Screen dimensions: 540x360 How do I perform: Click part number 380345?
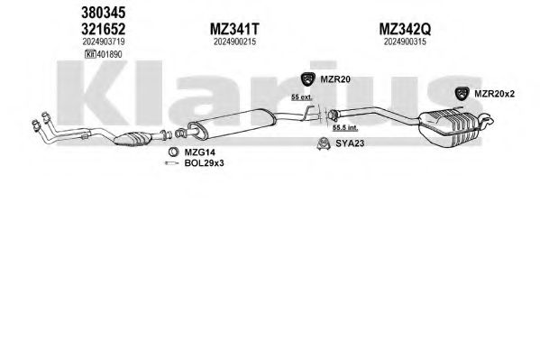[x=104, y=14]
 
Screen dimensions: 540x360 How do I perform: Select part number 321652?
[x=104, y=29]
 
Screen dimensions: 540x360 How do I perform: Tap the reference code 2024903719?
[x=104, y=42]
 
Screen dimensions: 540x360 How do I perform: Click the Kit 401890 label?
[x=104, y=54]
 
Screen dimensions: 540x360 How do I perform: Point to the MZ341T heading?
[x=234, y=29]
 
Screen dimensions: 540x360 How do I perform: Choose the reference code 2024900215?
[x=234, y=42]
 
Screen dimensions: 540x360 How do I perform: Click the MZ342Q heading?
[x=405, y=29]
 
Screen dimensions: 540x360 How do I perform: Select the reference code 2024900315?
[x=405, y=42]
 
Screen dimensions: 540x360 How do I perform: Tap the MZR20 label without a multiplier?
[x=335, y=79]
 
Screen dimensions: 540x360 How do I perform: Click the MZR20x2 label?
[x=494, y=94]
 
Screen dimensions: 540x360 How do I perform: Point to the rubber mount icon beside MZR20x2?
[x=462, y=94]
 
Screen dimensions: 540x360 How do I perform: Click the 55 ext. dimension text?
[x=302, y=97]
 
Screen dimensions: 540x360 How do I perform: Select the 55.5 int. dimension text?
[x=345, y=128]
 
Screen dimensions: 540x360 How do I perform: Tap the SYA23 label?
[x=350, y=143]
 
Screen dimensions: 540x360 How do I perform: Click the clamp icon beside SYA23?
[x=324, y=143]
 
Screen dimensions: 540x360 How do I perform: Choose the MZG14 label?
[x=199, y=152]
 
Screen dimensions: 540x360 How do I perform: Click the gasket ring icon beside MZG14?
[x=173, y=152]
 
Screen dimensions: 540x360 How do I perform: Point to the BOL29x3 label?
[x=204, y=163]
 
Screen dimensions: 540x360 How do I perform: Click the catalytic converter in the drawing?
[x=133, y=139]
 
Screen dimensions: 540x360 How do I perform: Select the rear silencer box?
[x=450, y=128]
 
